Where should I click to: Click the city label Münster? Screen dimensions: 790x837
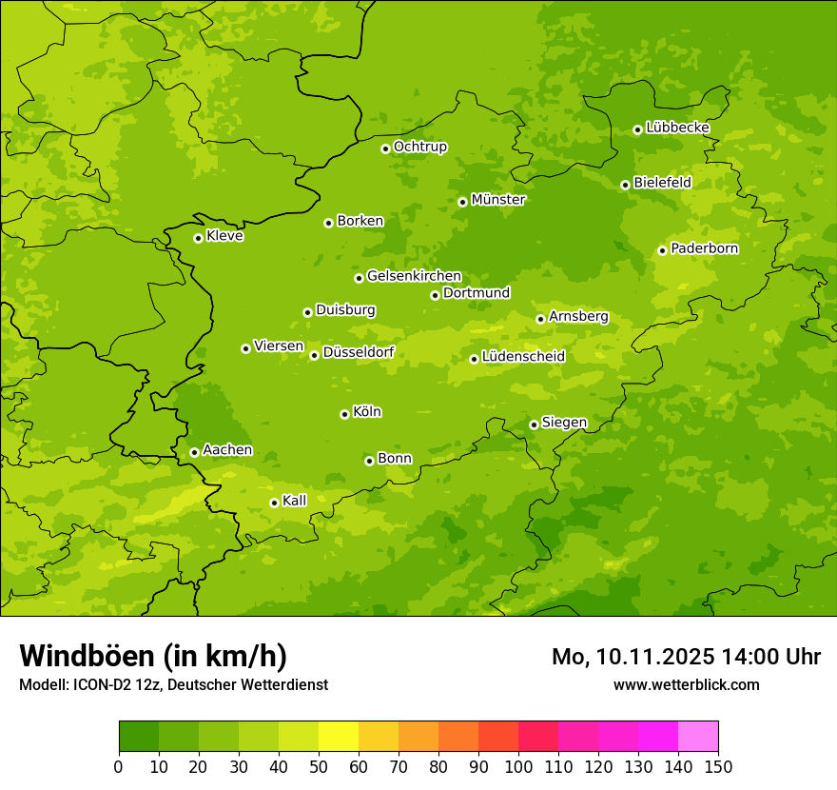(497, 200)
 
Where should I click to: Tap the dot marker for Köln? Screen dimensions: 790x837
(344, 414)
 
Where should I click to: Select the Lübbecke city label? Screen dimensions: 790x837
(677, 128)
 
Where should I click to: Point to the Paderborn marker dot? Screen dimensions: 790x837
(662, 250)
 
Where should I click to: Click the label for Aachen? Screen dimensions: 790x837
(227, 450)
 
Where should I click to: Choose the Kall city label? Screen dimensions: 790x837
(294, 501)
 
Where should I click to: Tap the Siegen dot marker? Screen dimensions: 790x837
(534, 425)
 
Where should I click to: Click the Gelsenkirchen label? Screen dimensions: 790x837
(414, 276)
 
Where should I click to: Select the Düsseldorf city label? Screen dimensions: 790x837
(358, 353)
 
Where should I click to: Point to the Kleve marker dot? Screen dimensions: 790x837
(198, 238)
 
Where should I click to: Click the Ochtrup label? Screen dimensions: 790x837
(419, 147)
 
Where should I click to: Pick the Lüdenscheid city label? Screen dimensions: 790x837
(523, 357)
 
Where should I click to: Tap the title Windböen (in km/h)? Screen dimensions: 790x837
(153, 656)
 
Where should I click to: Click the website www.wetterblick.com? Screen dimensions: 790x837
(686, 684)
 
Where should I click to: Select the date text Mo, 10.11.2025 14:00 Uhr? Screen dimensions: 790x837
(686, 657)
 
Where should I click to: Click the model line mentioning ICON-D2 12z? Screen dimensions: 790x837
(173, 684)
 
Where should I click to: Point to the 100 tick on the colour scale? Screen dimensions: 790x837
(518, 766)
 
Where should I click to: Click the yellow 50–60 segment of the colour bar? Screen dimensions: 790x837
(339, 737)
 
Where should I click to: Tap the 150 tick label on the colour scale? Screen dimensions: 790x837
(718, 766)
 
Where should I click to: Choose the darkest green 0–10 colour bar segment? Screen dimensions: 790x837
(139, 737)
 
